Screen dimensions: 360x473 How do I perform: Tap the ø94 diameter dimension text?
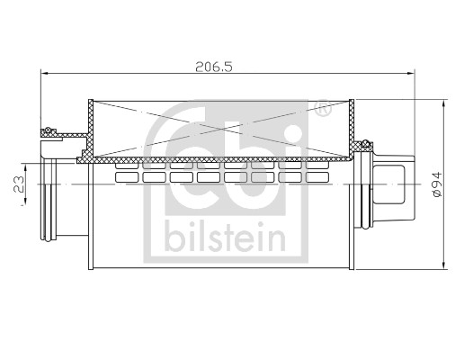[x=437, y=184]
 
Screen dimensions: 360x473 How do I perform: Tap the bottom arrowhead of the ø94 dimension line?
[x=447, y=265]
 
